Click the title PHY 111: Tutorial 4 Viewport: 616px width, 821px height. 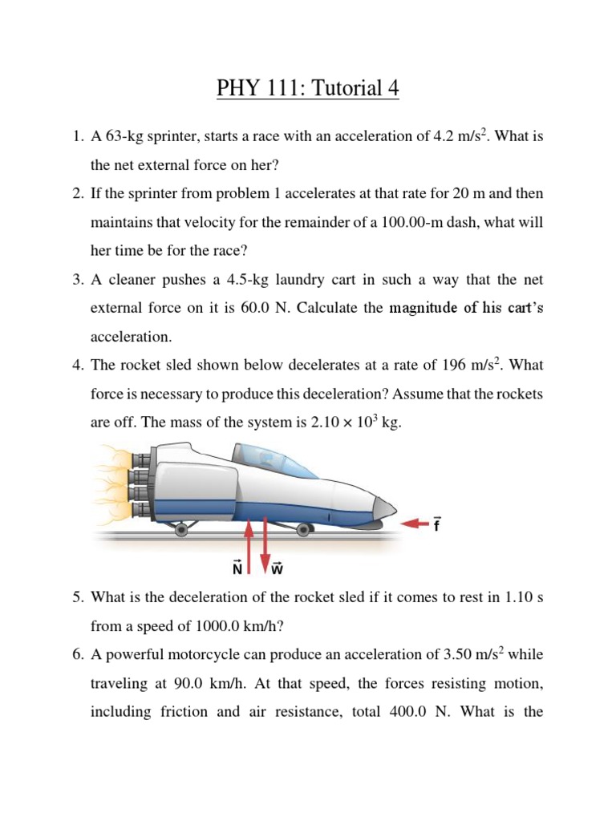tap(307, 88)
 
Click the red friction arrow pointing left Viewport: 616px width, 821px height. tap(415, 524)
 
